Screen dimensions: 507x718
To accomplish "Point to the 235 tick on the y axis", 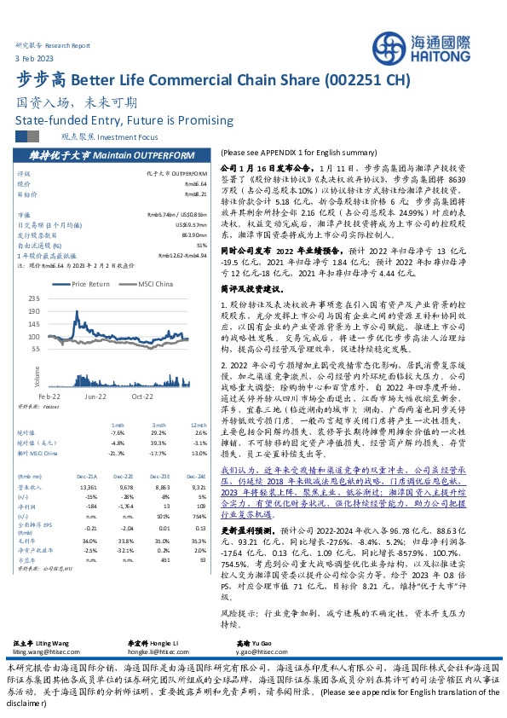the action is tap(58, 298).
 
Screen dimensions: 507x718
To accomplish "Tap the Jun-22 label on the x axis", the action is tap(95, 373).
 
